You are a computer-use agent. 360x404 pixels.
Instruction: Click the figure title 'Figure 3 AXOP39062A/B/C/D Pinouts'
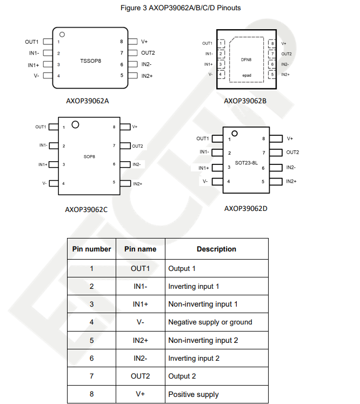pos(180,8)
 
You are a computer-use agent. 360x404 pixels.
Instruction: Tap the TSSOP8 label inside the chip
pos(91,61)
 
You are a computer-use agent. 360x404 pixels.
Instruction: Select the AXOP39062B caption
pos(245,101)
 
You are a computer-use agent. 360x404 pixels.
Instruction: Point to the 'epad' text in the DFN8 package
pos(246,75)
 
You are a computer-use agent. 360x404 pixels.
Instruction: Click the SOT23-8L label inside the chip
pos(246,162)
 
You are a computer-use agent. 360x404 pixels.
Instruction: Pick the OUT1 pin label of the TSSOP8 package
pos(31,42)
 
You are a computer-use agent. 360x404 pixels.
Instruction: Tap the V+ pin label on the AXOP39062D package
pos(290,139)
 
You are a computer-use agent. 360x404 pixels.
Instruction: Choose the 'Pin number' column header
pos(91,249)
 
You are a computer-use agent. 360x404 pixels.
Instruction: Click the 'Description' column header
pos(216,249)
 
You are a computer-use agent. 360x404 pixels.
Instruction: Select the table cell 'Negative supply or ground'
pos(210,322)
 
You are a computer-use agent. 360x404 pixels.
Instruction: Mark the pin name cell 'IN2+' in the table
pos(141,340)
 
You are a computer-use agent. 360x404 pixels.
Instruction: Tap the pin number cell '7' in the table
pos(91,376)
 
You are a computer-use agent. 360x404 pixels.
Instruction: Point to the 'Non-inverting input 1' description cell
pos(203,304)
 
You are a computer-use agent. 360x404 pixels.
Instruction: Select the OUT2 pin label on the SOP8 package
pos(137,146)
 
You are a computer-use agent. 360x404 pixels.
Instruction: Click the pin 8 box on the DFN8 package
pos(272,43)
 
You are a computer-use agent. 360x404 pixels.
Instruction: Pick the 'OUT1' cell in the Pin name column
pos(141,268)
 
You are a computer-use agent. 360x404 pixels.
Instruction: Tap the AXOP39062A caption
pos(88,101)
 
